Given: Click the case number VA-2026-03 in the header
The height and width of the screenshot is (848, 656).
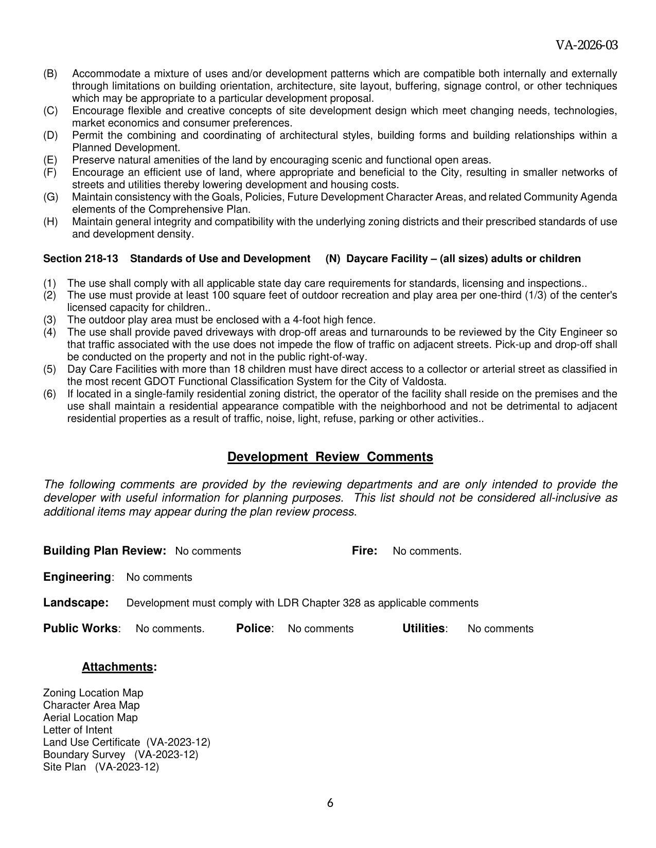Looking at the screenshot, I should (x=587, y=45).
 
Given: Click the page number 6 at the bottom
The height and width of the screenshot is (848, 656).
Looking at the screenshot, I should (x=330, y=802).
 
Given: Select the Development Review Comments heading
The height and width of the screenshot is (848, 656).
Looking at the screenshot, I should (x=330, y=457).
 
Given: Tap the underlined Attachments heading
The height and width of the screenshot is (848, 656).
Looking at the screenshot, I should (x=118, y=667).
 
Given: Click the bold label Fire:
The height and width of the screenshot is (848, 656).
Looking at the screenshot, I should (x=364, y=550).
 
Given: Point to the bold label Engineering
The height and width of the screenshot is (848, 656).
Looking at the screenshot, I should (x=77, y=577).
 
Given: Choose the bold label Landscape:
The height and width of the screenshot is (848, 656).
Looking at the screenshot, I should (x=76, y=602).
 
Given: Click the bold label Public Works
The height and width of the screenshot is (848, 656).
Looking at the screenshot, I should (x=80, y=628).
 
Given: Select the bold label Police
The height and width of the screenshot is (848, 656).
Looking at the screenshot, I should (x=254, y=628).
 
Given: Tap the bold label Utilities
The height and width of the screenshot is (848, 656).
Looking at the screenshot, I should (x=423, y=628).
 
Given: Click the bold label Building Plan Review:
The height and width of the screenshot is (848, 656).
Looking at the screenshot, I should (x=104, y=550).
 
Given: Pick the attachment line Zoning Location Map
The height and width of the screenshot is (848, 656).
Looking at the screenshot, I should (x=93, y=693).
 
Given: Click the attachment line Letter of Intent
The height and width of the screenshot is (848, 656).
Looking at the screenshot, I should (x=78, y=730).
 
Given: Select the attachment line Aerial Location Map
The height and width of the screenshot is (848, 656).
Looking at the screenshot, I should (x=91, y=717).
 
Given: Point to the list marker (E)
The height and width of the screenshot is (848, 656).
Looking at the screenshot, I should (x=50, y=160).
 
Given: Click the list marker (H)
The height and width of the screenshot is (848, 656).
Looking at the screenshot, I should (x=50, y=222).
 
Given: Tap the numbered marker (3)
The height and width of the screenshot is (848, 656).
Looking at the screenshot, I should (x=49, y=320).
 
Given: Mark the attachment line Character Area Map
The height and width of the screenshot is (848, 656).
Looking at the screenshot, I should (x=91, y=705).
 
